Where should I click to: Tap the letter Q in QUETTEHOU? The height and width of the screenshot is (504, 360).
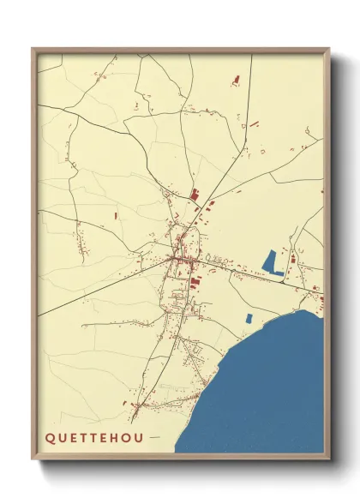tap(49, 436)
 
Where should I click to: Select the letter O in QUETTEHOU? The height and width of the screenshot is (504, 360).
tap(127, 436)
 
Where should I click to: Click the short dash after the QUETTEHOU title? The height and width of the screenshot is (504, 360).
tap(154, 436)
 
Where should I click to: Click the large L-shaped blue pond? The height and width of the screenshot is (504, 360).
tap(273, 262)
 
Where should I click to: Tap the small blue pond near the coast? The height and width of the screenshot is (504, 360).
tap(249, 318)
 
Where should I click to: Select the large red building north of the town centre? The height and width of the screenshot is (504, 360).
tap(194, 195)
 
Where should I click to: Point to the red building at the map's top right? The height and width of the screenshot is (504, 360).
tap(235, 81)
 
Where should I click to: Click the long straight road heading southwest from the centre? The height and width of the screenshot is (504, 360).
tap(103, 287)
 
